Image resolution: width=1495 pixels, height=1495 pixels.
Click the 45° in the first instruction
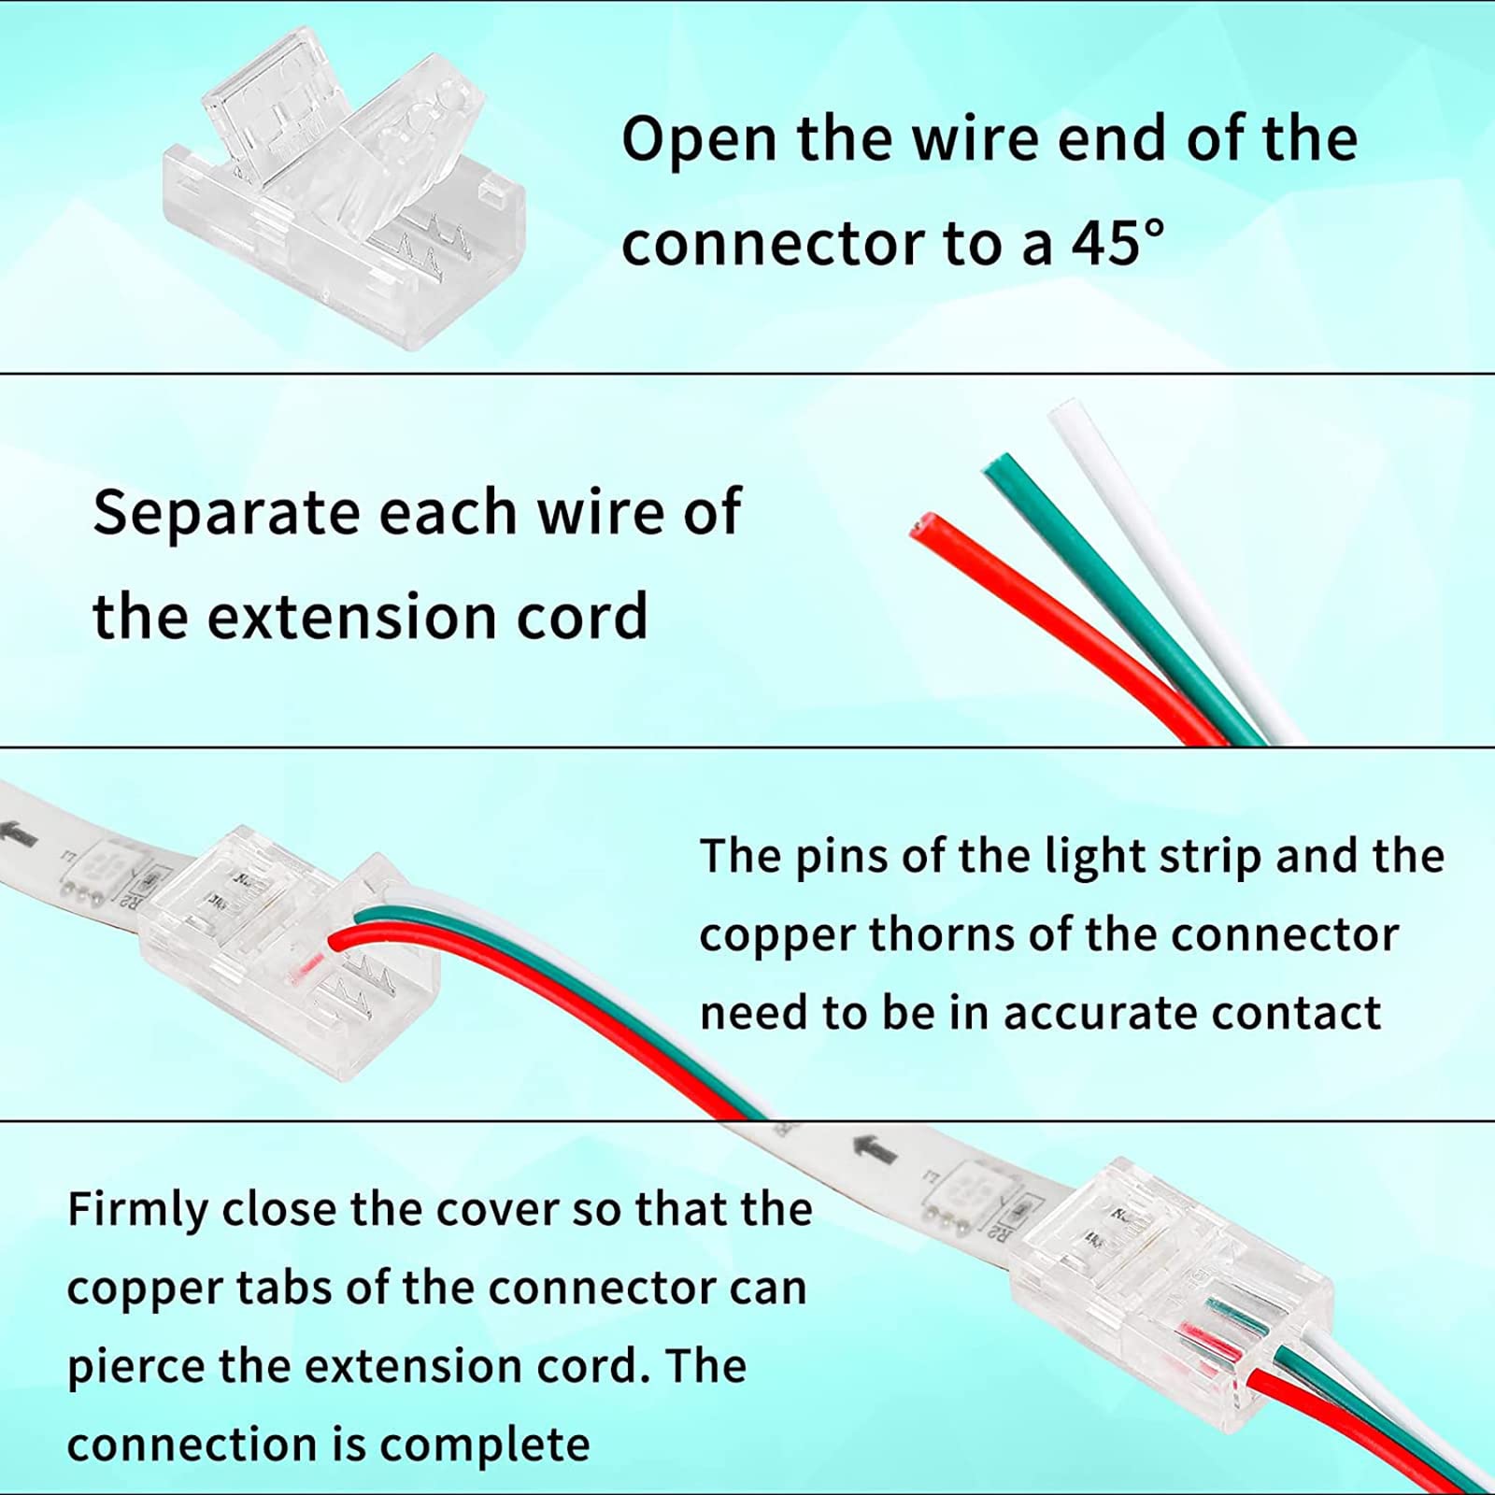tap(1118, 243)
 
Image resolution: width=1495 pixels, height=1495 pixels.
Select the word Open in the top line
tap(700, 140)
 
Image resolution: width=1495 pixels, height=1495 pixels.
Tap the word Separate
tap(225, 513)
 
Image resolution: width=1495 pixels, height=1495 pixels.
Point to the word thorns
tap(942, 934)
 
